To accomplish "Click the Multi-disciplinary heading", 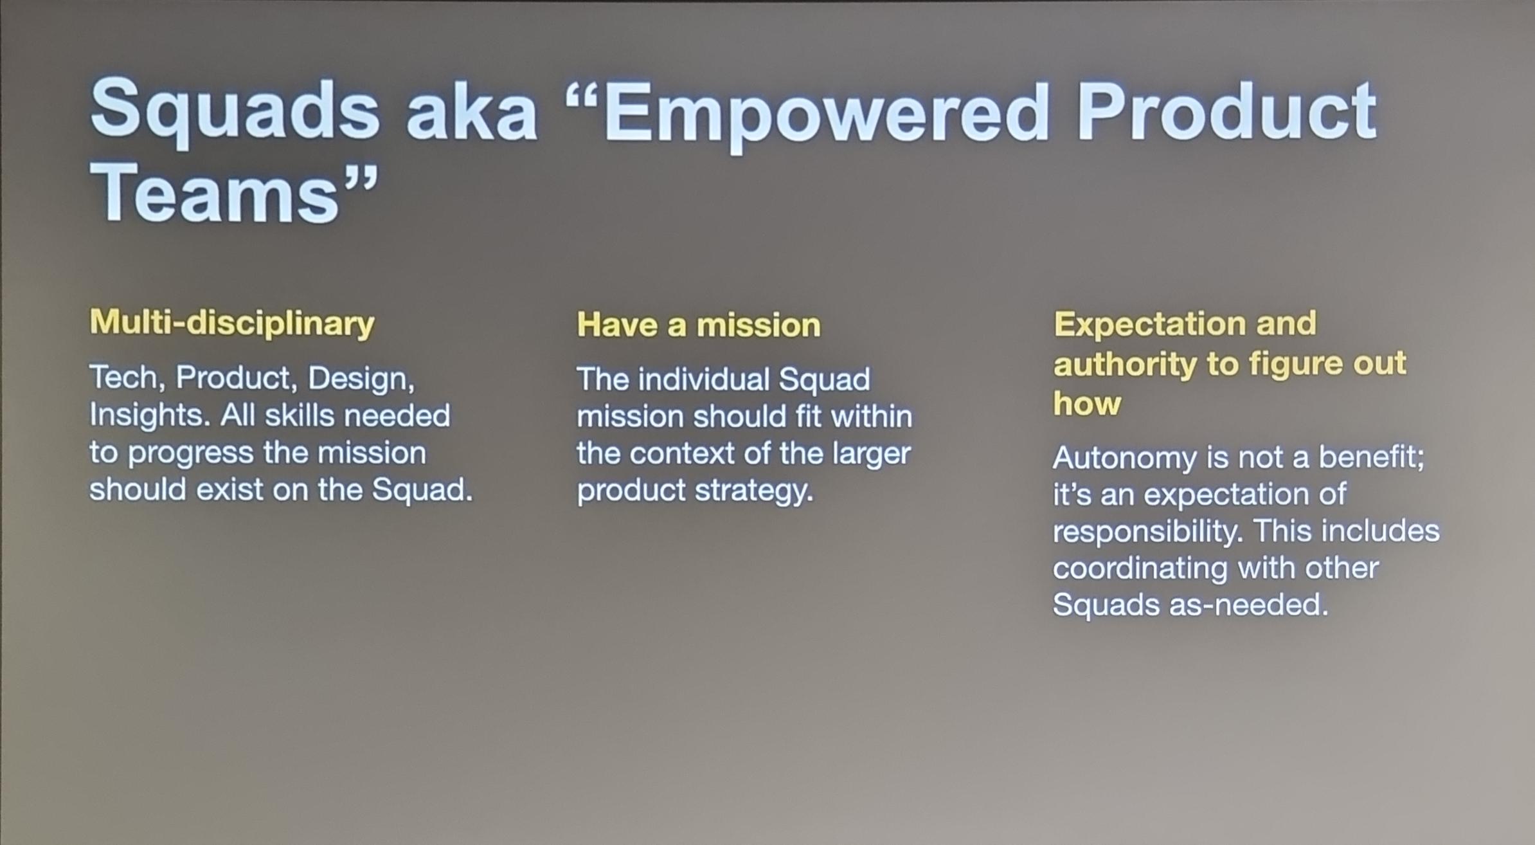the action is (x=232, y=323).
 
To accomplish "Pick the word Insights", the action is (x=149, y=415).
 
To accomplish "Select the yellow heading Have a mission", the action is (x=699, y=325).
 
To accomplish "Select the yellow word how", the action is (x=1087, y=404).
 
